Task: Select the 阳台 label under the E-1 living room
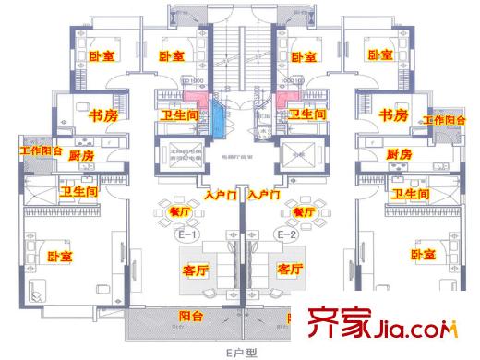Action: point(192,315)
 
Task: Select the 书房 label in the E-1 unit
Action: point(102,115)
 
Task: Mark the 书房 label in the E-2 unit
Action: point(394,115)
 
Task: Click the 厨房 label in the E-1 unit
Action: point(81,156)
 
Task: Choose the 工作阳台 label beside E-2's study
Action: point(446,120)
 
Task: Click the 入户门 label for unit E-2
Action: point(264,195)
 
